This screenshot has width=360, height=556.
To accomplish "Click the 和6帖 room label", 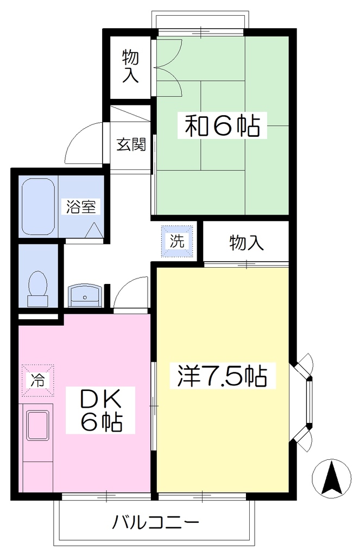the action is (x=222, y=125).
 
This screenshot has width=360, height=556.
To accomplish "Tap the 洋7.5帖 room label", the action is (x=223, y=376).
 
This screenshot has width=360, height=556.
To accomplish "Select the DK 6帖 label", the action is (x=101, y=409).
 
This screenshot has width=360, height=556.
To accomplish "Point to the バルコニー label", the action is (x=156, y=522).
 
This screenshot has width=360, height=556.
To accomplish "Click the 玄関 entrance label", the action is (x=131, y=144).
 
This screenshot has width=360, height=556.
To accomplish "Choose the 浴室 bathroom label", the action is (x=81, y=206).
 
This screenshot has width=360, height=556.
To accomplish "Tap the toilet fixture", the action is (x=37, y=289).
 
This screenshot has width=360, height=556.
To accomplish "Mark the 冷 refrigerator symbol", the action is (x=37, y=380).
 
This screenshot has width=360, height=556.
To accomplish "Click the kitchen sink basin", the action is (x=37, y=426).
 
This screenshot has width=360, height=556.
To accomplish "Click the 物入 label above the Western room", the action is (x=246, y=243).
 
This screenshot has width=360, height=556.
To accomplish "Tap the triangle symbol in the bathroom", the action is (x=94, y=230).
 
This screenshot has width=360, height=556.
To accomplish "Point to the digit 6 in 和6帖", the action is (x=223, y=125).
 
